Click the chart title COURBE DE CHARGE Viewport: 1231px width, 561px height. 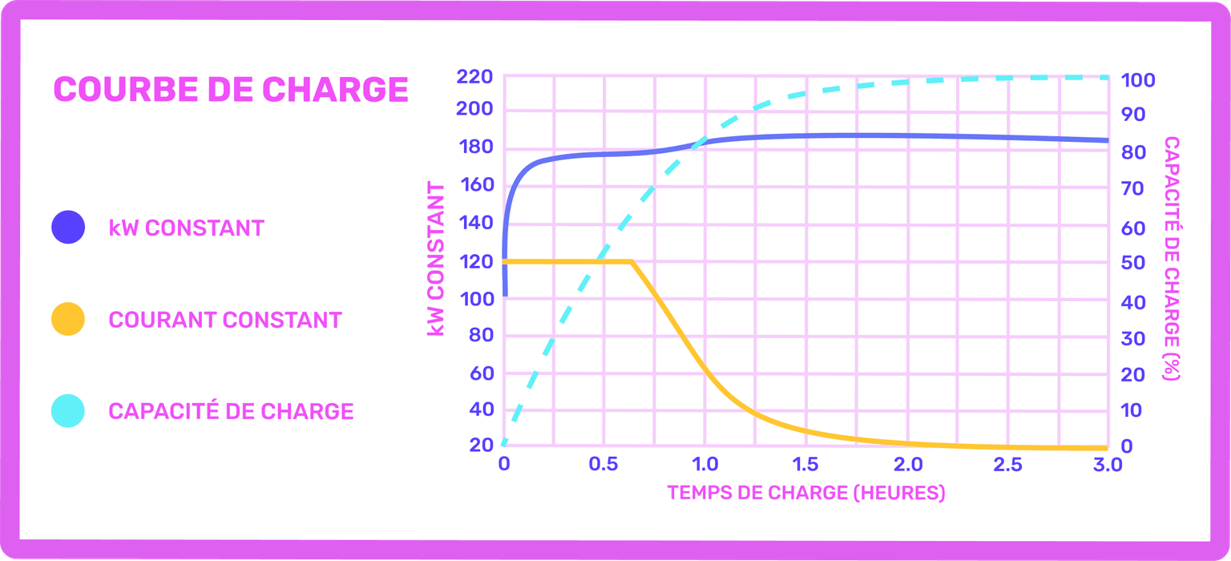[x=231, y=90]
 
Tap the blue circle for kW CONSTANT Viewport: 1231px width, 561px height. [x=68, y=227]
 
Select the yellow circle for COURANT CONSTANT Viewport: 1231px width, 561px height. [x=68, y=319]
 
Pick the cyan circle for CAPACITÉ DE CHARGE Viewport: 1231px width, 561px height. [x=68, y=411]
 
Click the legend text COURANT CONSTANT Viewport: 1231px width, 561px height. [x=225, y=320]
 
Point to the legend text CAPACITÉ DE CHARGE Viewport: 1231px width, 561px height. [x=231, y=411]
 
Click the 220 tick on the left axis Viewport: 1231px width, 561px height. [x=473, y=78]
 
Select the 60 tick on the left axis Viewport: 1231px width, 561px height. [x=478, y=373]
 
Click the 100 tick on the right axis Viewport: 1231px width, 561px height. [x=1138, y=80]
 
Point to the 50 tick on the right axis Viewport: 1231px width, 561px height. [x=1132, y=263]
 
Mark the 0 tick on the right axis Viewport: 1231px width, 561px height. [x=1127, y=446]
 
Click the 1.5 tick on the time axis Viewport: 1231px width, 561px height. [x=805, y=465]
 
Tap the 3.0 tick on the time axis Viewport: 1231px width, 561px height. [x=1107, y=465]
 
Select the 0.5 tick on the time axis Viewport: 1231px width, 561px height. [x=603, y=465]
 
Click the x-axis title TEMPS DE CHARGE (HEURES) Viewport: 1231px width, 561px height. [x=805, y=492]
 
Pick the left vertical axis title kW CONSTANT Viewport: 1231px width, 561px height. [x=436, y=259]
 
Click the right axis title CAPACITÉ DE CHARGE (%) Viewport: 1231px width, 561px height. [x=1172, y=259]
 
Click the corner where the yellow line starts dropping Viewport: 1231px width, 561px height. [x=632, y=261]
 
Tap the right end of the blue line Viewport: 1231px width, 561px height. [x=1107, y=140]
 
